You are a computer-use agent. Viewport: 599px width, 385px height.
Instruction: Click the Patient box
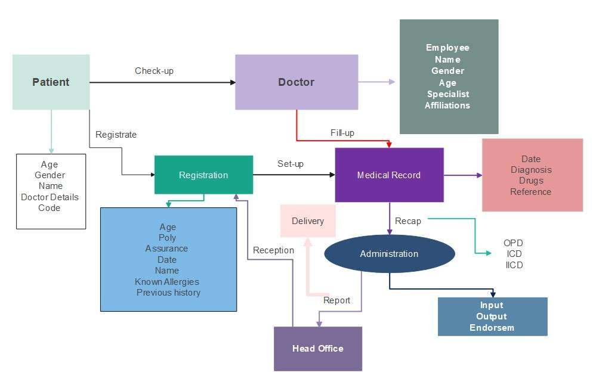pos(51,82)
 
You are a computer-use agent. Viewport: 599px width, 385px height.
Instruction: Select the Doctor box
pos(296,82)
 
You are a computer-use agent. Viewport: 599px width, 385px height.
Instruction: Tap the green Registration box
pos(203,175)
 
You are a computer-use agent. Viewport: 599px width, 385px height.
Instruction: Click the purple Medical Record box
pos(389,175)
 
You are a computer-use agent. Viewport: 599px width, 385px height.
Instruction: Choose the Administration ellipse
pos(389,254)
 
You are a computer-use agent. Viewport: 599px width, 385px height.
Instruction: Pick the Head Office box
pos(317,349)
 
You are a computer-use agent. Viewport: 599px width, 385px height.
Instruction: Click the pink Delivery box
pos(308,221)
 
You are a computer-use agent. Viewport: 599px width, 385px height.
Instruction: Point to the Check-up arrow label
pos(154,71)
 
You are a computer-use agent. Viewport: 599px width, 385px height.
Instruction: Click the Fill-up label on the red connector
pos(342,133)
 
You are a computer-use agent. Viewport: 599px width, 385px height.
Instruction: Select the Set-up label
pos(291,164)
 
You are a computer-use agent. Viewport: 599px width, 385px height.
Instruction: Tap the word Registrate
pos(116,135)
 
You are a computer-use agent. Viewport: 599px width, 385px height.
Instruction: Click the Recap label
pos(408,221)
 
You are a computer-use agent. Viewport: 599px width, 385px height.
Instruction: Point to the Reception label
pos(273,250)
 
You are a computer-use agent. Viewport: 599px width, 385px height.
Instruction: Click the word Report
pos(337,300)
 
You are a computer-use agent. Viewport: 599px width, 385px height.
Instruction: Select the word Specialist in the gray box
pos(448,94)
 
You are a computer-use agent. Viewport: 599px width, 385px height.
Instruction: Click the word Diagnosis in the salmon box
pos(531,170)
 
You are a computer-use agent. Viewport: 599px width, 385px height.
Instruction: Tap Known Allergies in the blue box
pos(167,282)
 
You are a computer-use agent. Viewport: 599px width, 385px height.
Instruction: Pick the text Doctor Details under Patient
pos(50,197)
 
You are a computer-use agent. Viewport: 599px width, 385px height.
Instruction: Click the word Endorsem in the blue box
pos(492,328)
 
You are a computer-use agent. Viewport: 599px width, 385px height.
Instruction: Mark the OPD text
pos(513,243)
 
